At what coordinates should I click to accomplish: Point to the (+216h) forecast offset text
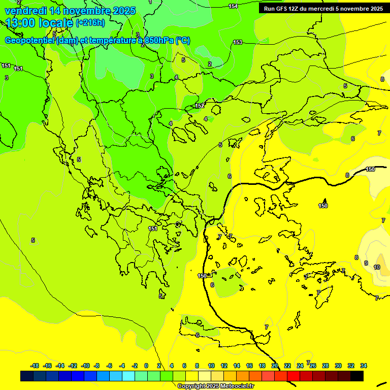click(90, 22)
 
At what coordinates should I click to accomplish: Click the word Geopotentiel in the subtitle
click(29, 41)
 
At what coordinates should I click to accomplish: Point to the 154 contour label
click(233, 6)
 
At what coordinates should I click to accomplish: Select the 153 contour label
click(238, 42)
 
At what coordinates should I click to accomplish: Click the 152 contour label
click(200, 106)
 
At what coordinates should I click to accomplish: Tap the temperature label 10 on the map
click(377, 267)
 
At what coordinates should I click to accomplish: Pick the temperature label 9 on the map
click(366, 263)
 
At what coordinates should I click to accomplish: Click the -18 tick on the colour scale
click(35, 366)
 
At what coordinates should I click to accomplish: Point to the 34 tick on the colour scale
click(364, 366)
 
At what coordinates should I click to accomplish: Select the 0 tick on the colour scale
click(146, 366)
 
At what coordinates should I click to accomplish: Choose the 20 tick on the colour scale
click(275, 366)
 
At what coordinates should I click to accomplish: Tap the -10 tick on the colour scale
click(85, 366)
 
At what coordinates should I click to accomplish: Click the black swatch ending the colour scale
click(357, 376)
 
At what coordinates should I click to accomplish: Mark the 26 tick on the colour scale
click(313, 366)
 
